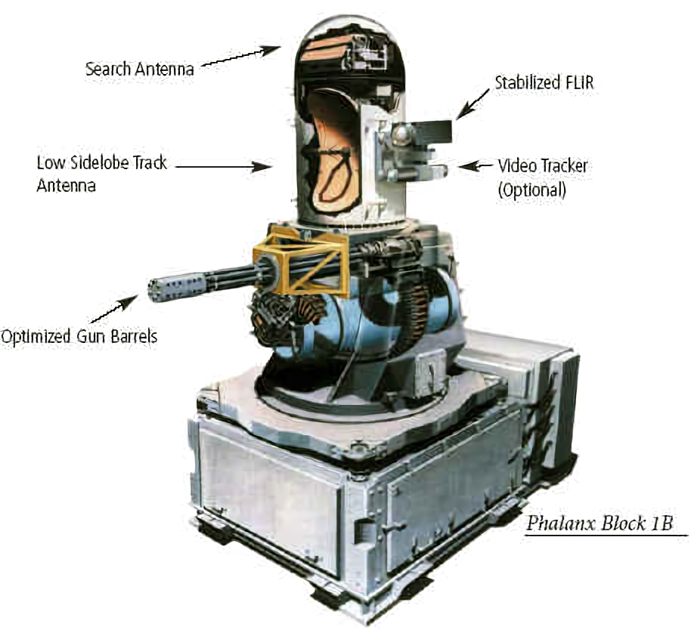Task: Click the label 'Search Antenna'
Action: point(139,69)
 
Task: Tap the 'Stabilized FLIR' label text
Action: point(544,82)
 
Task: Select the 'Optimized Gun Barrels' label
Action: point(79,336)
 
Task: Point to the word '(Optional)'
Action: point(531,190)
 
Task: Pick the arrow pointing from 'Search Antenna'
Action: point(240,57)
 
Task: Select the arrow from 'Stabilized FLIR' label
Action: point(472,104)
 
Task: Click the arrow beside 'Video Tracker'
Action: point(476,166)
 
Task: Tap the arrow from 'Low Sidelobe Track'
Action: point(223,167)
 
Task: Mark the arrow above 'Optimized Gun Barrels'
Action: point(114,309)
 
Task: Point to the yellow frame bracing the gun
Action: point(301,260)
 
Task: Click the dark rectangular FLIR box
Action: point(433,132)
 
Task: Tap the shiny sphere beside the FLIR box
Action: point(402,133)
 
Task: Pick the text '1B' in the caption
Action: point(661,523)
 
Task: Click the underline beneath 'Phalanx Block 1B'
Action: point(606,535)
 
